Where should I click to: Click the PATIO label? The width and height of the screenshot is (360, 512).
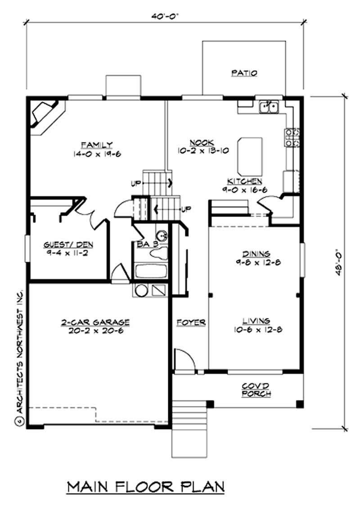[244, 72]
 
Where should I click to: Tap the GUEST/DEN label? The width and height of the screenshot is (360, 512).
[68, 245]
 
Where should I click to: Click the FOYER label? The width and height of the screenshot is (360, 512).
[191, 322]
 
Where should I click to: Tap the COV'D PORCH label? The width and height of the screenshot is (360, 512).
[256, 390]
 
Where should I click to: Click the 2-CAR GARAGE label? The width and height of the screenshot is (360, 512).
[95, 322]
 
